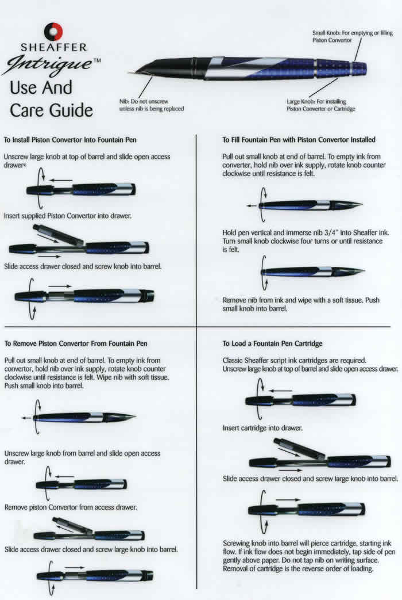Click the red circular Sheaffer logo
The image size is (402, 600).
[53, 31]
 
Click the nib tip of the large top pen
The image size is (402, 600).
[133, 72]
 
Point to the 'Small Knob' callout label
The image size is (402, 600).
[352, 37]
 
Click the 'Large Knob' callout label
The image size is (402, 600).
[320, 105]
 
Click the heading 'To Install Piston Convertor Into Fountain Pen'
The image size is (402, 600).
[70, 139]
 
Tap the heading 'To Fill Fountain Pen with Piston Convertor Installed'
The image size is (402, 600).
[299, 139]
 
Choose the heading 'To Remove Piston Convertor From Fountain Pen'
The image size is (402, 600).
[76, 343]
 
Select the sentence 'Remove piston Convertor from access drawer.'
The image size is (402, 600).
[70, 507]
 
